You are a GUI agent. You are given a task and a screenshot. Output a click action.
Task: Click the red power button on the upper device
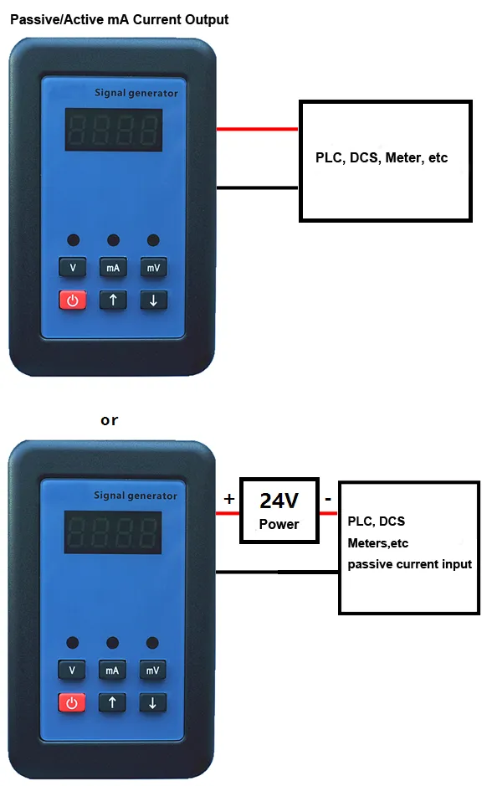pyautogui.click(x=73, y=301)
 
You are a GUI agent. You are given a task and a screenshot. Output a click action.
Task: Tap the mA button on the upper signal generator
pyautogui.click(x=113, y=267)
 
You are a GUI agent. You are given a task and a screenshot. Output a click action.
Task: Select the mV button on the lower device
pyautogui.click(x=152, y=670)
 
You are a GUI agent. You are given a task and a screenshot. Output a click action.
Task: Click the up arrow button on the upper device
pyautogui.click(x=113, y=301)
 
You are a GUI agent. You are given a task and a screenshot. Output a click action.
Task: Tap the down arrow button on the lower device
pyautogui.click(x=152, y=703)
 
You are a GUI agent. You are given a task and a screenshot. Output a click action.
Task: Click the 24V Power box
pyautogui.click(x=279, y=511)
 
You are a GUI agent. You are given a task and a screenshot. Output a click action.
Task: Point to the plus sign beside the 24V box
pyautogui.click(x=229, y=499)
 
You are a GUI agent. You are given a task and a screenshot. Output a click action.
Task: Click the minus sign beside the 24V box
pyautogui.click(x=328, y=499)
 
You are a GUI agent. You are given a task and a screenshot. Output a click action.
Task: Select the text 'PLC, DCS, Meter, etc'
pyautogui.click(x=382, y=158)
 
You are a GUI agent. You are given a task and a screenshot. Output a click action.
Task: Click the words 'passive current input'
pyautogui.click(x=409, y=564)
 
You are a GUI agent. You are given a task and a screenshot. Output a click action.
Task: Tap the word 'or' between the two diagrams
pyautogui.click(x=110, y=420)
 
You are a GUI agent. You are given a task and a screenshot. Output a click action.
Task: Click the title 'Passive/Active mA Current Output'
pyautogui.click(x=120, y=19)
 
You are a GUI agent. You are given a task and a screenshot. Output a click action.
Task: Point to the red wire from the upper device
pyautogui.click(x=258, y=129)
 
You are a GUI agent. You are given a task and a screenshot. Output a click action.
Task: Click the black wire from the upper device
pyautogui.click(x=258, y=188)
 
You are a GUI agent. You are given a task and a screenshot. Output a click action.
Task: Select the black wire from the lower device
pyautogui.click(x=277, y=572)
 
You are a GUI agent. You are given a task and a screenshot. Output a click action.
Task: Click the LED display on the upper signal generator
pyautogui.click(x=114, y=130)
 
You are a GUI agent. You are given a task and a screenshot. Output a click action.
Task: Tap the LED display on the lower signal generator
pyautogui.click(x=113, y=532)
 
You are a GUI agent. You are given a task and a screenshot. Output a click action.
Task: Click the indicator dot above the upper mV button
pyautogui.click(x=153, y=240)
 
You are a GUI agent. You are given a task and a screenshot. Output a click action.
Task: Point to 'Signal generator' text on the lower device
pyautogui.click(x=136, y=496)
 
